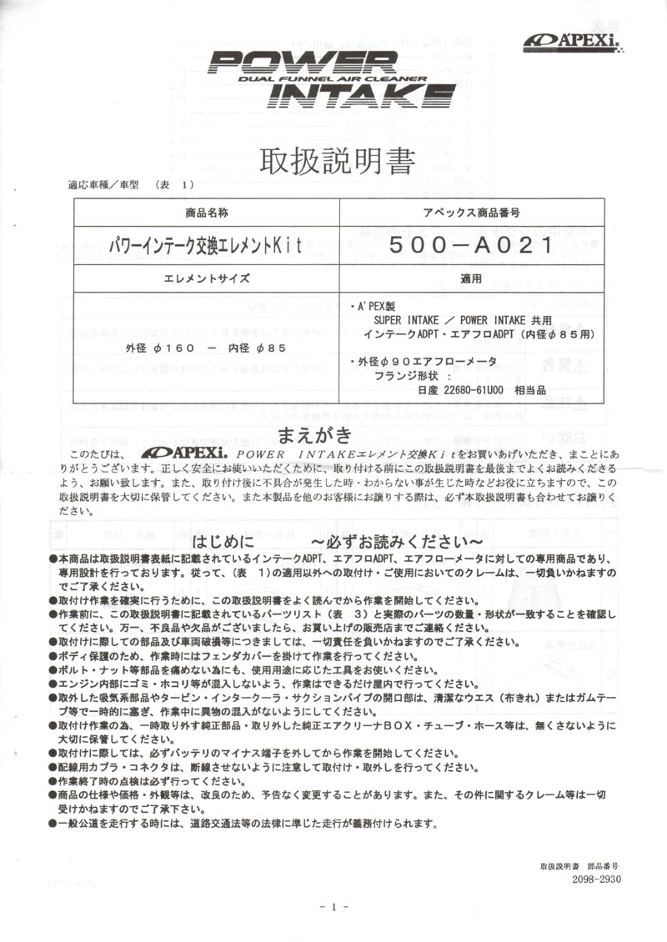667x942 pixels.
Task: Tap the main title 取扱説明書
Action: tap(338, 160)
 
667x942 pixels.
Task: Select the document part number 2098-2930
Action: tap(596, 879)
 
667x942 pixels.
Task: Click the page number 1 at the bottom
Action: tap(333, 907)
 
